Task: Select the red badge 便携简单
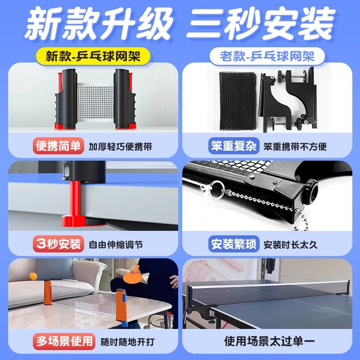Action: coord(58,146)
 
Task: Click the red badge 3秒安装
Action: coord(58,244)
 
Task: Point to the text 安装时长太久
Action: coord(291,245)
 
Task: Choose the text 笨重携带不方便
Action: coord(295,147)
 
